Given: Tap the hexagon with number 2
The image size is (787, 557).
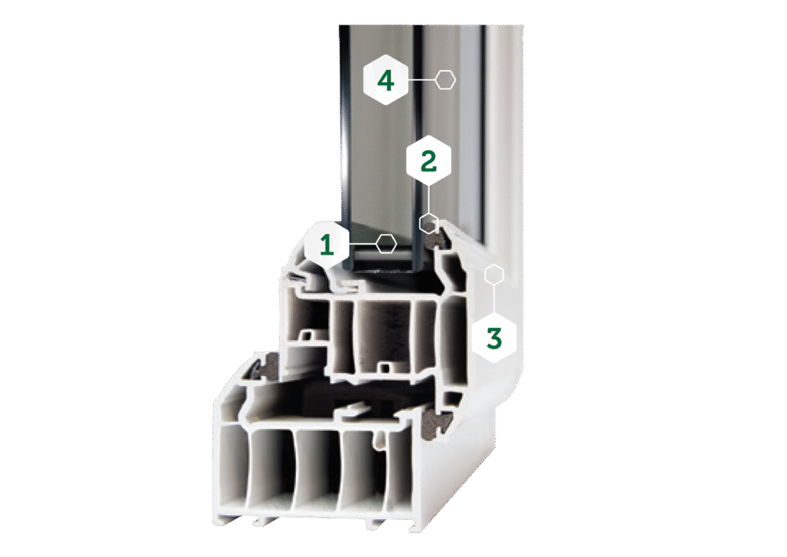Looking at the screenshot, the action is click(428, 162).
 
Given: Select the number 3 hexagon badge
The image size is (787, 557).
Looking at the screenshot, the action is click(494, 337).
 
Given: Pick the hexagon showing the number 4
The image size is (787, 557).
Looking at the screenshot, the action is click(386, 80).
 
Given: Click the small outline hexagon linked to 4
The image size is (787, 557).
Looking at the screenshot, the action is click(445, 80).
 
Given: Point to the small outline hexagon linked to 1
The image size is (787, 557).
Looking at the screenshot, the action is click(386, 244).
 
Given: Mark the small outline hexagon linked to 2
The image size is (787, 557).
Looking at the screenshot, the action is click(429, 223).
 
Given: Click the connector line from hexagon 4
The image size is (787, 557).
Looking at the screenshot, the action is click(421, 80).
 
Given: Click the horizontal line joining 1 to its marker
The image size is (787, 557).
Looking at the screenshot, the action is click(363, 244).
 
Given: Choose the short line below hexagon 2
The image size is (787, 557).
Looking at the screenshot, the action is click(428, 199).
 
